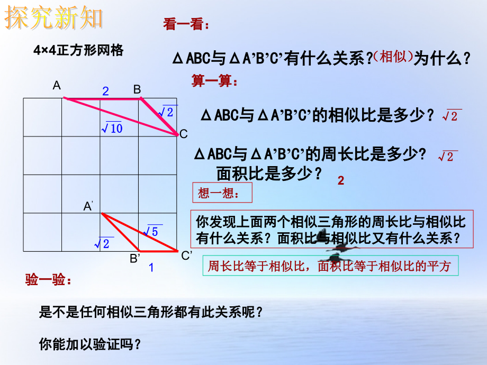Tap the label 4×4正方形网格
pos(78,51)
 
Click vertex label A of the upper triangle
pos(57,86)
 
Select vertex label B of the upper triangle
pos(137,89)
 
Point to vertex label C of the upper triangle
pos(184,134)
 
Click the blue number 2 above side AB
pos(105,92)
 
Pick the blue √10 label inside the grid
pos(111,127)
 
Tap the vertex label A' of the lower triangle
pos(88,207)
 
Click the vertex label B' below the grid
pos(136,258)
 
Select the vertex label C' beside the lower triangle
pos(186,256)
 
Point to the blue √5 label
pos(151,231)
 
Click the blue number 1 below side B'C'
pos(151,268)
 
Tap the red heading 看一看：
pos(186,25)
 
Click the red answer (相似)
pos(393,57)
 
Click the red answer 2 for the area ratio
pos(341,181)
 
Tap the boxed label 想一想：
pos(221,193)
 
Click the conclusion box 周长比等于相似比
pos(330,267)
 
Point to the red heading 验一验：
pos(48,280)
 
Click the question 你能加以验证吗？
pos(91,344)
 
